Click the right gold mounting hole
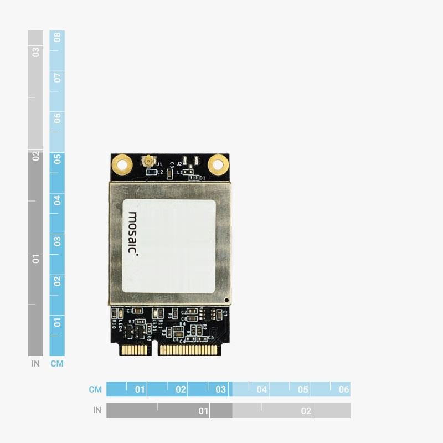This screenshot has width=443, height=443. click(218, 163)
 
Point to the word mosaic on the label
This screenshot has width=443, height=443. click(133, 233)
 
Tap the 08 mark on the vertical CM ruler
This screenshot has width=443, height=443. click(57, 38)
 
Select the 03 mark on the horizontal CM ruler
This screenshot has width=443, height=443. click(221, 389)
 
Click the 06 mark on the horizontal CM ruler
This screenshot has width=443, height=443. click(344, 389)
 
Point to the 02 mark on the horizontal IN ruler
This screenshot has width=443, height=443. click(306, 411)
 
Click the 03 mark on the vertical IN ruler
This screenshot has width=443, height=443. click(35, 52)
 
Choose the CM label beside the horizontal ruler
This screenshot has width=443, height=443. click(95, 389)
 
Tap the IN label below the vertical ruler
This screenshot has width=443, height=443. click(35, 364)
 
